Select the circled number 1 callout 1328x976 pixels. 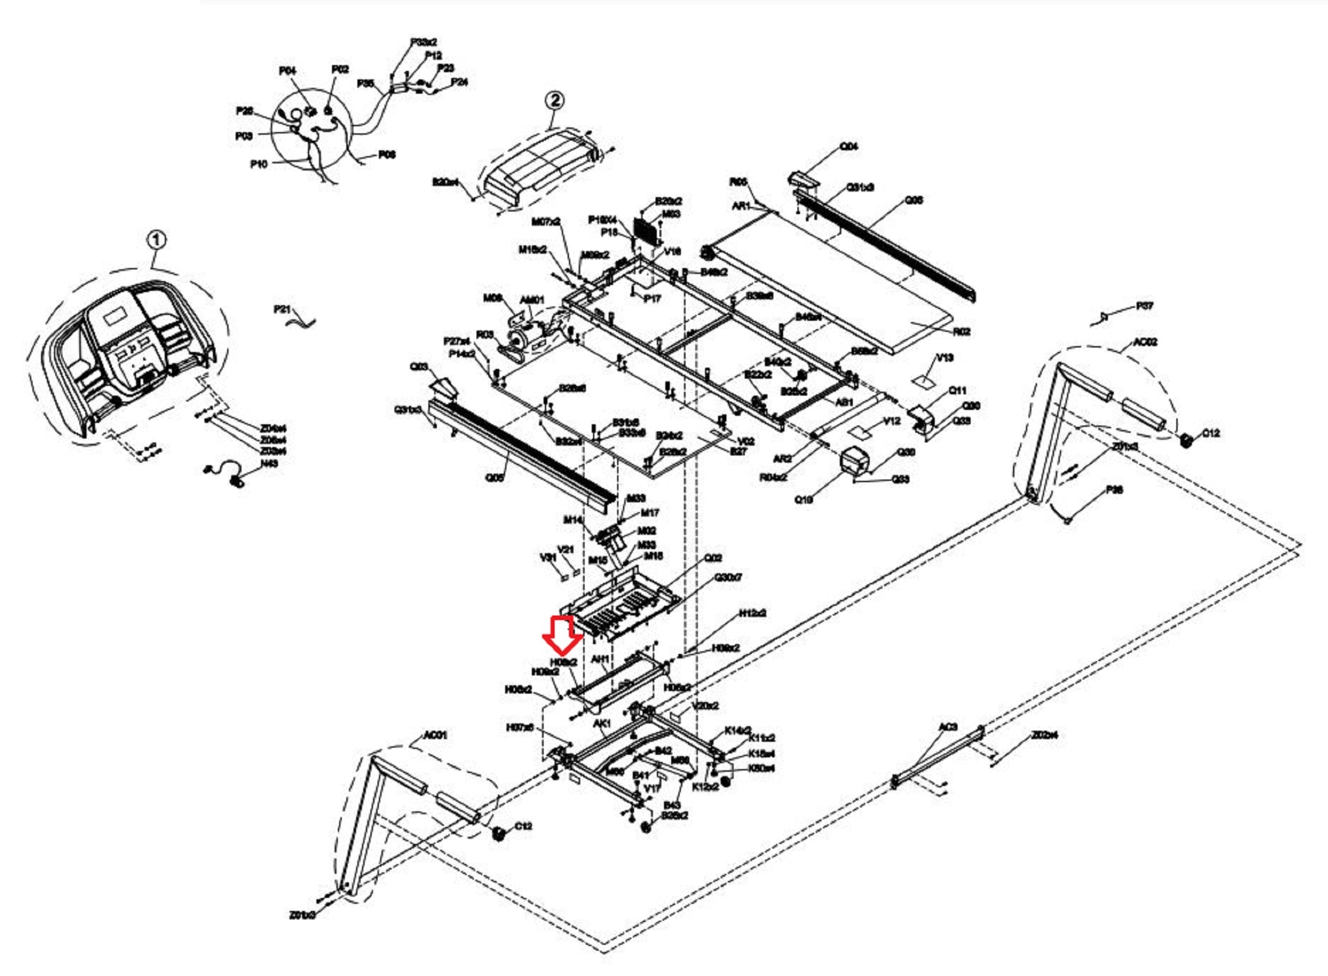(x=156, y=241)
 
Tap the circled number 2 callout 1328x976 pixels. (x=554, y=100)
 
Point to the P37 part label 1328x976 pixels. (x=1144, y=306)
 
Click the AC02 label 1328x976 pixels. (x=1145, y=342)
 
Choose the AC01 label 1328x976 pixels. (x=435, y=735)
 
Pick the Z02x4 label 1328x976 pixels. (x=1044, y=735)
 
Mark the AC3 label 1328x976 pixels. (x=948, y=726)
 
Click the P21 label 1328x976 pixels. (x=282, y=309)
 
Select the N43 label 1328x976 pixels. (x=269, y=463)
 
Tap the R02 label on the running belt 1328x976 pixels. (x=961, y=332)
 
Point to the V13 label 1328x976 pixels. (x=945, y=357)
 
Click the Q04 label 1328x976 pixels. (x=849, y=146)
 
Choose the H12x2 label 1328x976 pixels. (x=753, y=613)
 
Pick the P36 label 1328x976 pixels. (x=1114, y=490)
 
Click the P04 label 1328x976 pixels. (x=287, y=70)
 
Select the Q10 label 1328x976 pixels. (x=803, y=500)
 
